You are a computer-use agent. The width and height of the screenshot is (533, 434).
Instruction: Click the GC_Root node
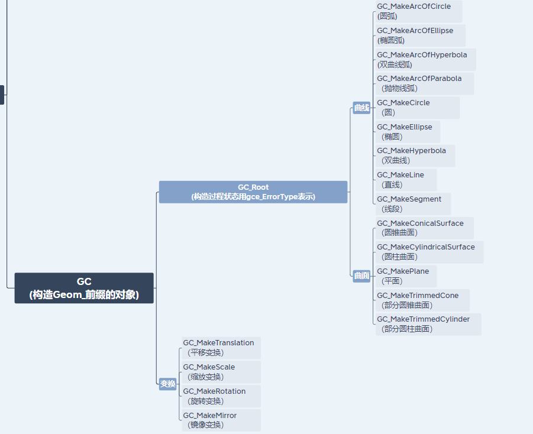coord(253,192)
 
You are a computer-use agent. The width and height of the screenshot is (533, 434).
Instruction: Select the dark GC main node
coord(84,288)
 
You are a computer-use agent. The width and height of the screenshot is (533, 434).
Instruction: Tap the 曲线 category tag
coord(361,108)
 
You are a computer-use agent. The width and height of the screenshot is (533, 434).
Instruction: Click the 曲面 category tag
coord(361,276)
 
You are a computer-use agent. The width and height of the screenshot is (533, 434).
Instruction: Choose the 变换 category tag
coord(168,384)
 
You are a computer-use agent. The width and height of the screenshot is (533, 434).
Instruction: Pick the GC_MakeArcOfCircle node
coord(418,11)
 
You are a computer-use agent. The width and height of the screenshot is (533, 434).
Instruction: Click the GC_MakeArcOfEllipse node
coord(420,35)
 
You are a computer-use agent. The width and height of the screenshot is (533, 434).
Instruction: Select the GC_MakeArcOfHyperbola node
coord(425,60)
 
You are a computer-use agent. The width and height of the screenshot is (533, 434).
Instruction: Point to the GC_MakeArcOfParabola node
coord(424,83)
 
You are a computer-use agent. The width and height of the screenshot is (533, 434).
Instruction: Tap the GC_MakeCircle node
coord(417,108)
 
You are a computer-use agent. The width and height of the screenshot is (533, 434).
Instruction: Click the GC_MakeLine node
coord(406,180)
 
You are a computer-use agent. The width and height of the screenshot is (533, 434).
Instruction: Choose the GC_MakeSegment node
coord(413,204)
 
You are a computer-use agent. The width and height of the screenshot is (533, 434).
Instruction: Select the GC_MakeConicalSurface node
coord(424,228)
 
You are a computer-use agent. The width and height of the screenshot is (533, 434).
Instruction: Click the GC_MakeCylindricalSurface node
coord(429,252)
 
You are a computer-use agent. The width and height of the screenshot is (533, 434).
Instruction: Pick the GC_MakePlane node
coord(406,276)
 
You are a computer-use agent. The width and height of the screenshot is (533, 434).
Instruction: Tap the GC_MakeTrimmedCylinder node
coord(428,324)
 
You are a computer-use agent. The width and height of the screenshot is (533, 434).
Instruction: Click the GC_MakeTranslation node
coord(221,348)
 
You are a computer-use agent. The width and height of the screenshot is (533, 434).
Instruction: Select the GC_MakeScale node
coord(221,372)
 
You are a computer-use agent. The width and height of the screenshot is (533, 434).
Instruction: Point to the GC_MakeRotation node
coord(221,396)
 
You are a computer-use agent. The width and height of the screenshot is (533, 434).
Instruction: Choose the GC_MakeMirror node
coord(221,420)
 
